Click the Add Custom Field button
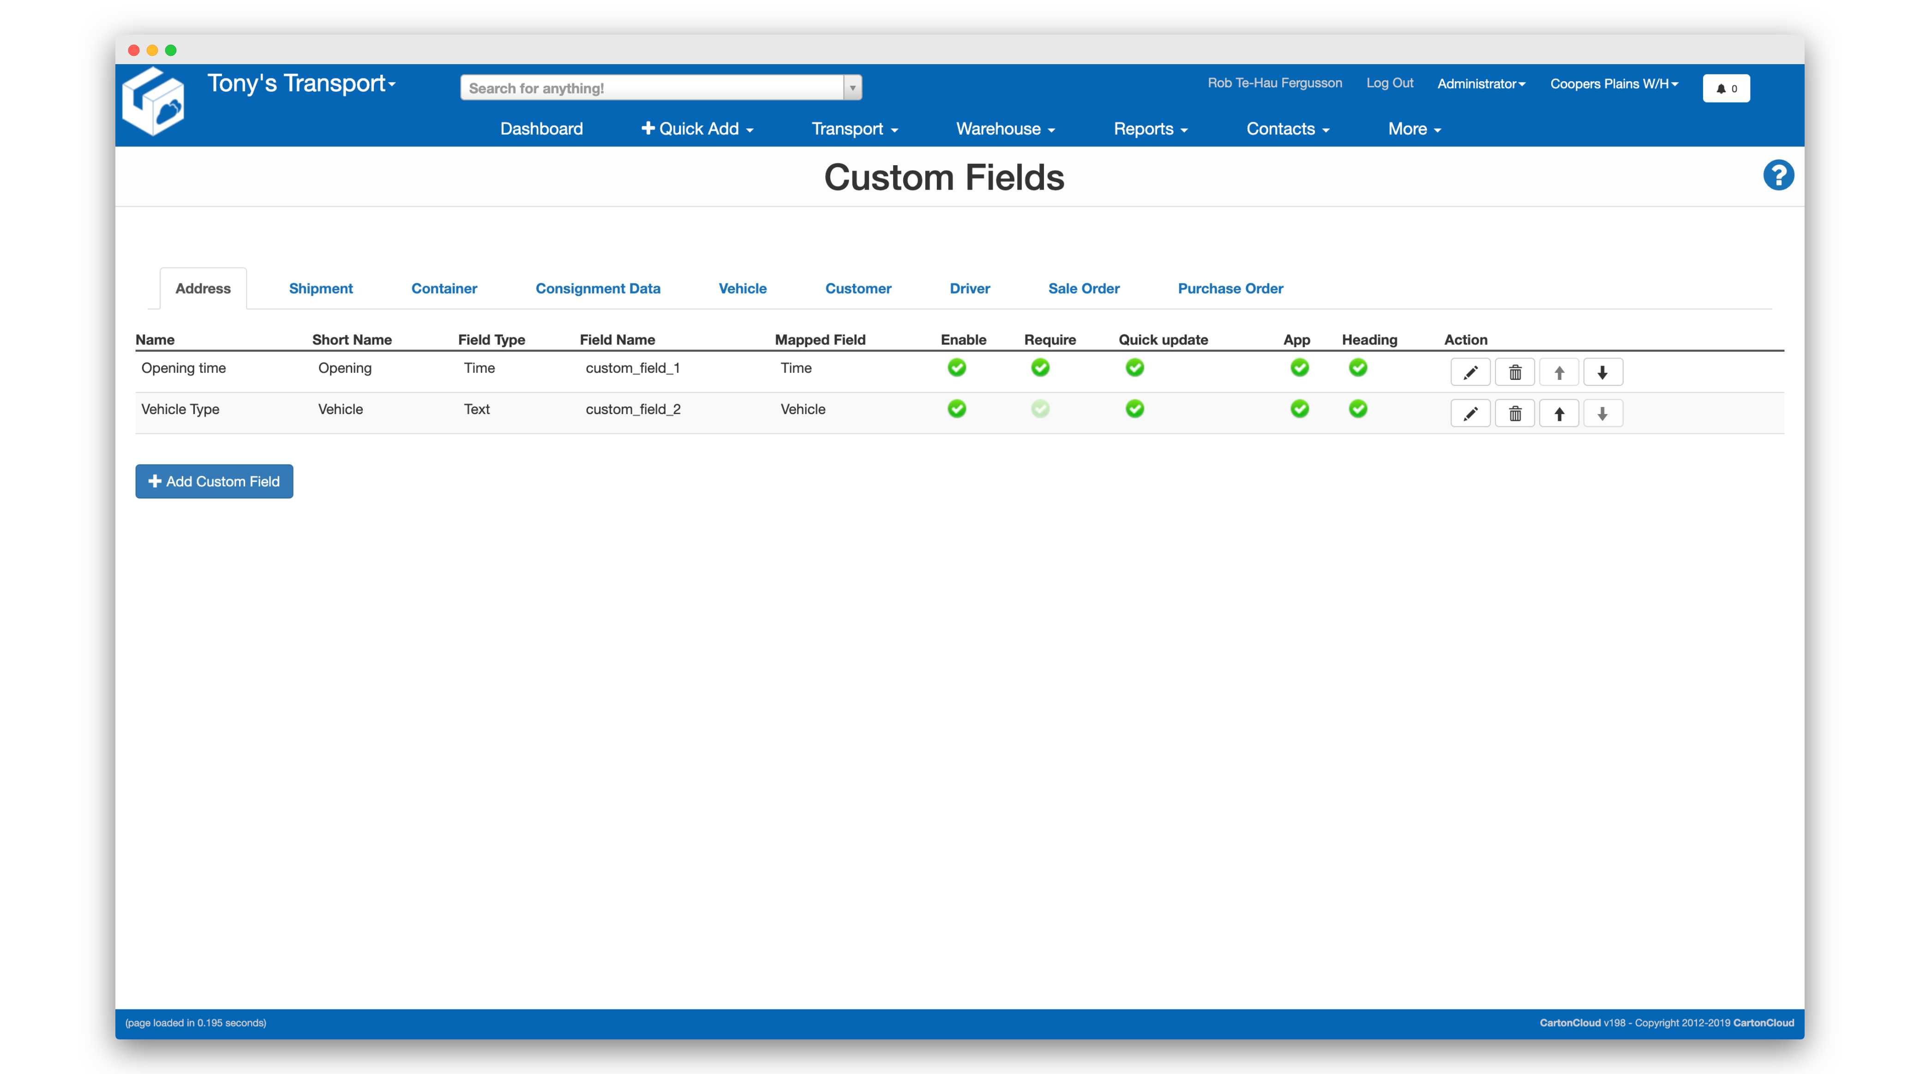point(214,481)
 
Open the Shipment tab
point(320,288)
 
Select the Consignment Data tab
point(598,288)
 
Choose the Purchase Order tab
point(1230,288)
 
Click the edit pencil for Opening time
point(1470,372)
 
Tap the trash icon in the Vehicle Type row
point(1514,414)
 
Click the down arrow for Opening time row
point(1602,372)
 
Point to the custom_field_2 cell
point(633,409)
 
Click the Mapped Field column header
point(820,340)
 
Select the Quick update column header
point(1163,340)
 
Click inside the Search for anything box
point(652,88)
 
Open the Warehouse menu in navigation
point(1005,129)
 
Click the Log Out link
point(1389,83)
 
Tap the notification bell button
point(1726,89)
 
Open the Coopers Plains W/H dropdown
point(1614,84)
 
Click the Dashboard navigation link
point(541,129)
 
